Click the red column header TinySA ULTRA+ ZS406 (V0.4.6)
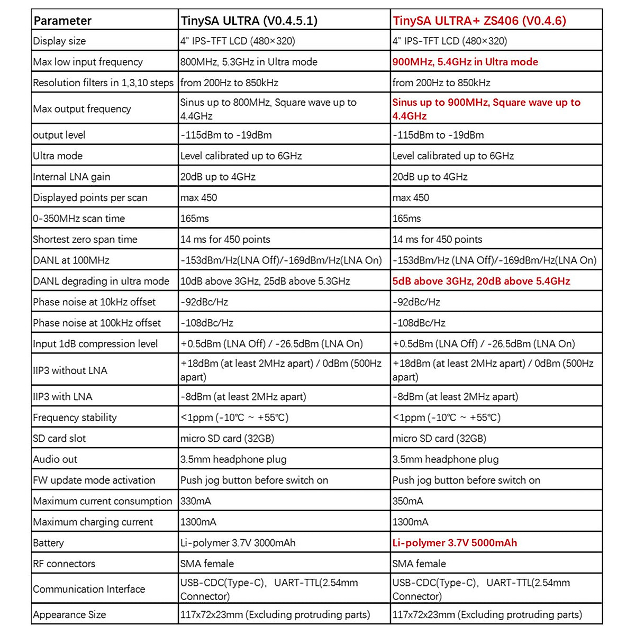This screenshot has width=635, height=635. [x=479, y=21]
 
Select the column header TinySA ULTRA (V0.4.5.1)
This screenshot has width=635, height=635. [x=249, y=21]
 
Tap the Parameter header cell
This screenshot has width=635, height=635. [x=62, y=21]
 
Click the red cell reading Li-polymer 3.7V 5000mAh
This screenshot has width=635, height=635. [x=455, y=543]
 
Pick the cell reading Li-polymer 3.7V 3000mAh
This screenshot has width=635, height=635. [x=238, y=543]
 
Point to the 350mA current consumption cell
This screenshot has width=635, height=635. [x=407, y=501]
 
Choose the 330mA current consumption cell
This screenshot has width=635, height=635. [x=195, y=501]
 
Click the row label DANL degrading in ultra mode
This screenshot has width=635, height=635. [x=101, y=281]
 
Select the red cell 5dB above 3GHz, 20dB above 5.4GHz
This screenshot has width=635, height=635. [x=481, y=281]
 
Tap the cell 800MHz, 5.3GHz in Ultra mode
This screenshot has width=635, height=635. [x=249, y=62]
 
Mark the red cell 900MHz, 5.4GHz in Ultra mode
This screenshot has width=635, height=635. [x=465, y=62]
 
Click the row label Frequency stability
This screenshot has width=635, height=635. [x=75, y=418]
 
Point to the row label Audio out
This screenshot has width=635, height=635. [x=55, y=459]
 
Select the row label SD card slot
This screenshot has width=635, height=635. [x=59, y=438]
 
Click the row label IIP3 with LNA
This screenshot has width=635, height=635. [x=62, y=396]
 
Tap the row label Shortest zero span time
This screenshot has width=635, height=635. [x=85, y=239]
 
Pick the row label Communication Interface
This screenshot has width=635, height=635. [x=89, y=589]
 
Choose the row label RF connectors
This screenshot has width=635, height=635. [x=64, y=564]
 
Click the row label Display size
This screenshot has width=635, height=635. [x=59, y=41]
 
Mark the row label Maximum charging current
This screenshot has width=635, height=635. [x=93, y=522]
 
